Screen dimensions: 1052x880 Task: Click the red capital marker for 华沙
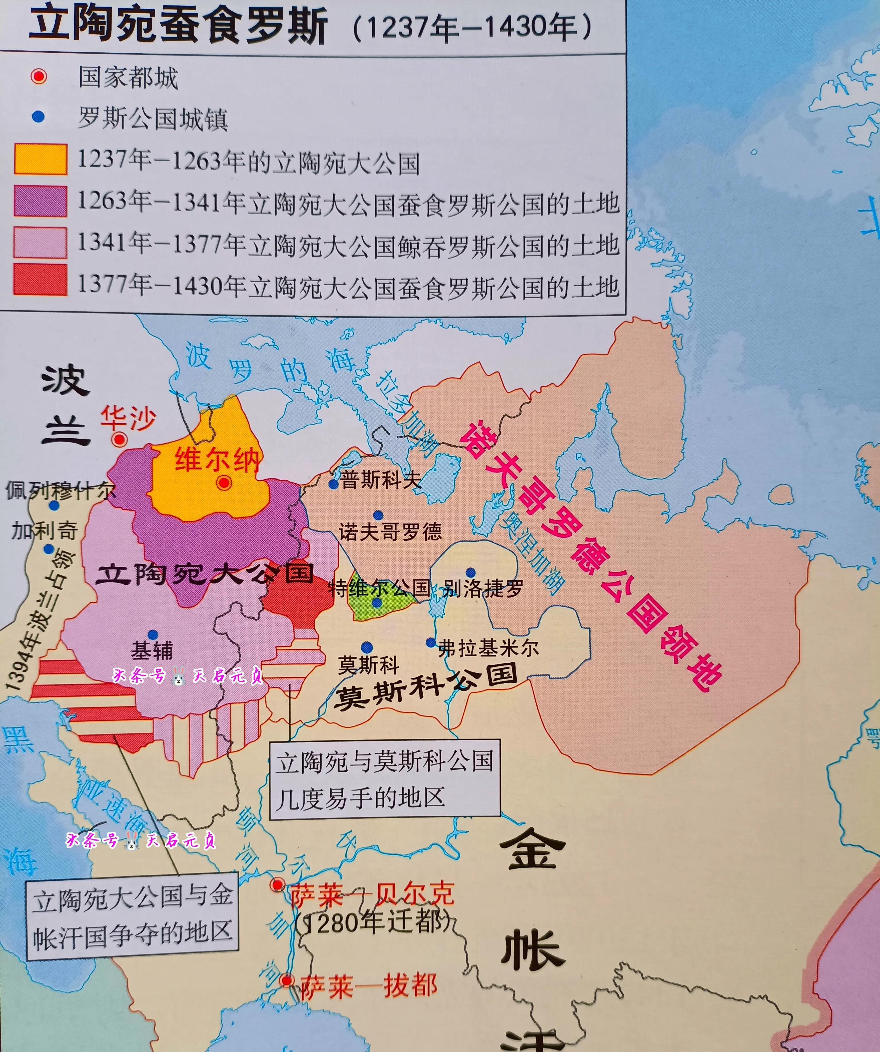(x=119, y=440)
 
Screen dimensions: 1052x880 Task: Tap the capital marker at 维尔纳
(x=224, y=482)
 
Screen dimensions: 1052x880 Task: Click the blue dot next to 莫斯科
(x=367, y=647)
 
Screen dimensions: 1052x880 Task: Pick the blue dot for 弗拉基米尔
(x=430, y=642)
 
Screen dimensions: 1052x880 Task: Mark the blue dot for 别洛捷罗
(x=470, y=572)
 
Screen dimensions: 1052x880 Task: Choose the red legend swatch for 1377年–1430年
(x=40, y=279)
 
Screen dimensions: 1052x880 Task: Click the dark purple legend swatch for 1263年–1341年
(x=40, y=201)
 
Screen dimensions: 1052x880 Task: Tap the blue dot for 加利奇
(x=49, y=549)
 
